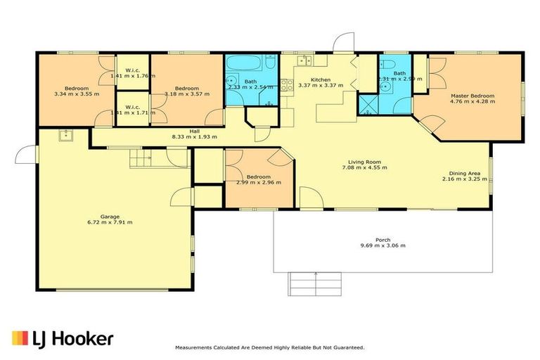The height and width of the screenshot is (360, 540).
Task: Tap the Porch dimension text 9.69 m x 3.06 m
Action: click(382, 245)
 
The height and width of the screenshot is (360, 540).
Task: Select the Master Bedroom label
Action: click(472, 96)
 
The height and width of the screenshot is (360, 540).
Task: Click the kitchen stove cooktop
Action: click(286, 86)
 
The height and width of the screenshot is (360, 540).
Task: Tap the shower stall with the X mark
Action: click(367, 105)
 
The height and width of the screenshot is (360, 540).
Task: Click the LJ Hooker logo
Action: click(63, 338)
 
